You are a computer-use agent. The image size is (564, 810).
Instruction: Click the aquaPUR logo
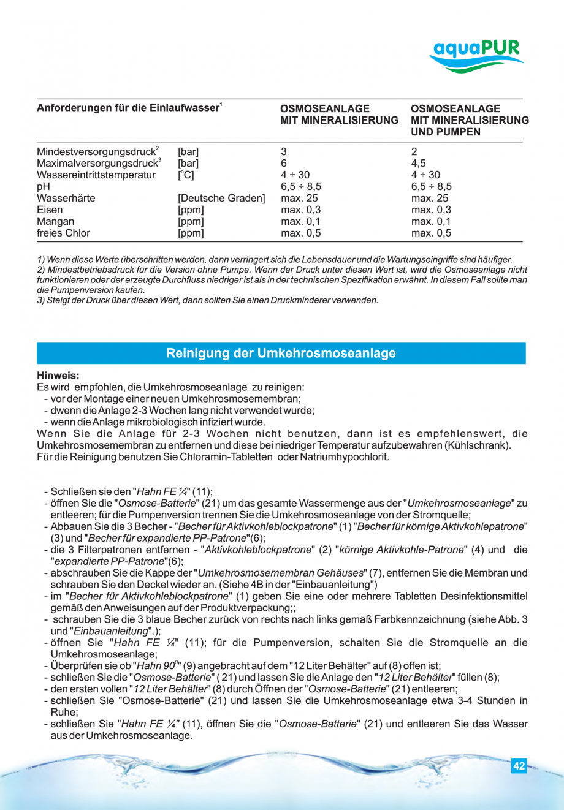476,55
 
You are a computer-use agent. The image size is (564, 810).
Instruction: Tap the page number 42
519,766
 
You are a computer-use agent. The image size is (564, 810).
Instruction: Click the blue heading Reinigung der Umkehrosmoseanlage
281,353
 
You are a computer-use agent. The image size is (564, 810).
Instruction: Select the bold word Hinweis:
58,376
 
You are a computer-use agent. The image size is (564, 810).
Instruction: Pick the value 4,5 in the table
418,163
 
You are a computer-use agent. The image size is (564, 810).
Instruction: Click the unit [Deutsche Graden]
221,198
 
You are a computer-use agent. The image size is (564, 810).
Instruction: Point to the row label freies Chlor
63,233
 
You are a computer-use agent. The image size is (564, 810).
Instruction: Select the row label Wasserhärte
66,198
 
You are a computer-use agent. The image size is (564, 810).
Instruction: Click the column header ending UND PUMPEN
469,120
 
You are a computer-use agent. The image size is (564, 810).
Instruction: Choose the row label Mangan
55,221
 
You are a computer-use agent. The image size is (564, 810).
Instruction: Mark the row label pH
43,186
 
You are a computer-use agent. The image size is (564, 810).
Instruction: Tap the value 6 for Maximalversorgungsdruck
284,163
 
